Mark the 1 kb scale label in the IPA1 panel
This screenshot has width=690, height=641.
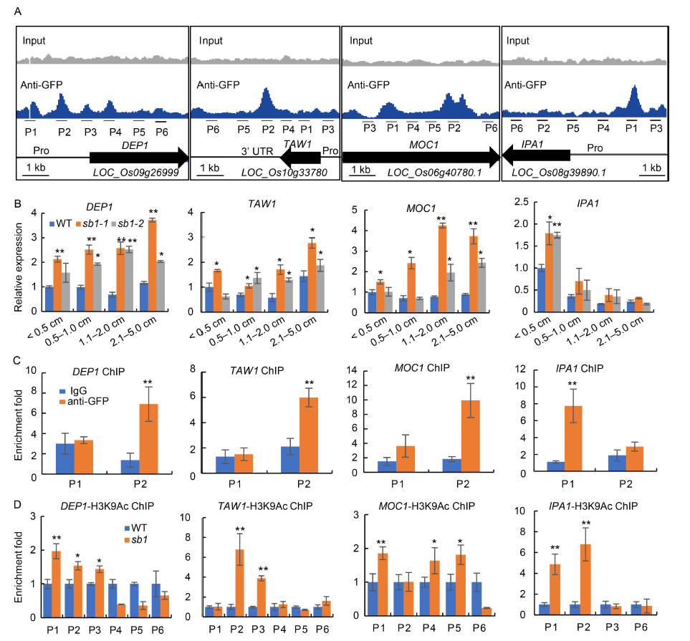pyautogui.click(x=651, y=168)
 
